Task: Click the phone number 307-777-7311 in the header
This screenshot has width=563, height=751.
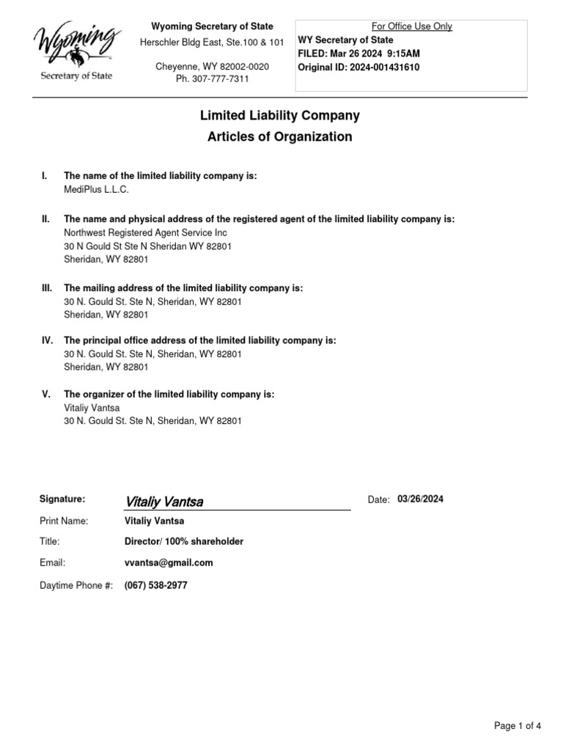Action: (x=212, y=79)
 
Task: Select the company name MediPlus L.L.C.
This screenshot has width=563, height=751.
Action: (x=96, y=189)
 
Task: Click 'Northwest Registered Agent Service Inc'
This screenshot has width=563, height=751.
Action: (x=146, y=232)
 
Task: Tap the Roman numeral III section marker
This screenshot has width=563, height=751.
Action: (x=47, y=288)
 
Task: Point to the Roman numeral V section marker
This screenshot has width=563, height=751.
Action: (x=45, y=394)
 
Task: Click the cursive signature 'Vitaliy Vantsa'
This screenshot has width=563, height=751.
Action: (x=164, y=502)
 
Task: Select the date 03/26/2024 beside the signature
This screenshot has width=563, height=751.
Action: (x=420, y=499)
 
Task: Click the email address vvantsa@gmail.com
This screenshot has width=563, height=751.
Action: (x=169, y=563)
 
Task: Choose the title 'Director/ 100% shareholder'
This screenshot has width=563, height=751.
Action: (x=184, y=541)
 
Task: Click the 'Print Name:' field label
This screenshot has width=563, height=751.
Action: (x=64, y=521)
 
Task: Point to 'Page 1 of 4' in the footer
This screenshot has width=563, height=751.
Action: (x=518, y=726)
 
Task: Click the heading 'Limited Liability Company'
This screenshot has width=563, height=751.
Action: (x=280, y=115)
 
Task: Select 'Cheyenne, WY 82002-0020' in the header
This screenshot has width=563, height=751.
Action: (x=212, y=67)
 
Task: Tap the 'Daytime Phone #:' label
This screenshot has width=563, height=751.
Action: (x=76, y=586)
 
